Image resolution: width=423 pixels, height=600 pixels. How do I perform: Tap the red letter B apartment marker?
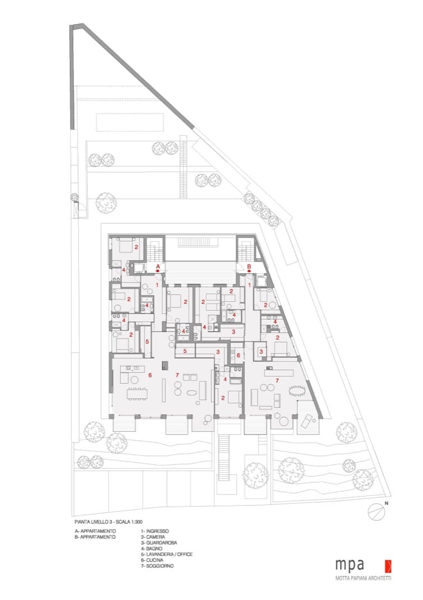[x=249, y=266]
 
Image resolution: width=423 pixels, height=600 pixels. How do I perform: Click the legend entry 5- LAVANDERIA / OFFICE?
[x=166, y=554]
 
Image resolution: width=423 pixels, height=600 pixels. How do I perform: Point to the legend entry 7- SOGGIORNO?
[x=157, y=565]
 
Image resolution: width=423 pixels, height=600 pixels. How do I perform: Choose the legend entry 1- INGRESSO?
[x=155, y=531]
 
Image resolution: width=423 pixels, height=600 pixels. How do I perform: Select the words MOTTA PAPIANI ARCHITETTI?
[x=363, y=578]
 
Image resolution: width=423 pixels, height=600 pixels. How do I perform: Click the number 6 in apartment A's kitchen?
[x=150, y=375]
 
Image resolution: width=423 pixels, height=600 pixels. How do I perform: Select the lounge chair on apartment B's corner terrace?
[x=307, y=421]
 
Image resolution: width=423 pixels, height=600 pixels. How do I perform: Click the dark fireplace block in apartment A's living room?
[x=164, y=365]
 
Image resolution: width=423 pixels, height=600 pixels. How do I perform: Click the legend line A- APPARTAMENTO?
[x=96, y=531]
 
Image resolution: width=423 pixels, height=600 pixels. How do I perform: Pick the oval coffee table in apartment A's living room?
[x=190, y=393]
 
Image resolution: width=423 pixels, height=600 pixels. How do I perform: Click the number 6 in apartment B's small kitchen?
[x=238, y=355]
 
